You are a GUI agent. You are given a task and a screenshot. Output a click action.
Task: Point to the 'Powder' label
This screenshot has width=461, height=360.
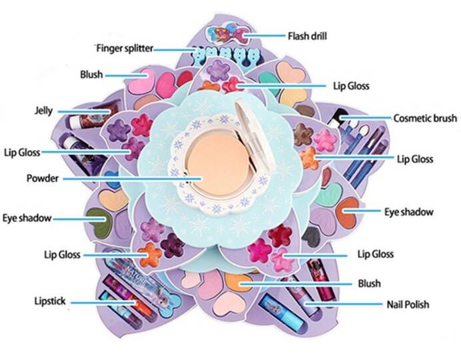tap(43, 179)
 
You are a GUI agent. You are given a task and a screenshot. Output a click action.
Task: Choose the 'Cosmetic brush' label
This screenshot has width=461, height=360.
tap(423, 118)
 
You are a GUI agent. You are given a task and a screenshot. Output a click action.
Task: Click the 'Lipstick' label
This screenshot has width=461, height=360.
tap(50, 301)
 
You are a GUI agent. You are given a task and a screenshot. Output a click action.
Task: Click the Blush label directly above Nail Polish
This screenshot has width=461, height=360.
tap(369, 283)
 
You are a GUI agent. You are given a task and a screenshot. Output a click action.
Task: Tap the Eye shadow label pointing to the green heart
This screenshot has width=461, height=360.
tap(27, 218)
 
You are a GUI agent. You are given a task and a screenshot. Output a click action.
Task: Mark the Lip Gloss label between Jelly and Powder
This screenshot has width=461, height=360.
tap(22, 152)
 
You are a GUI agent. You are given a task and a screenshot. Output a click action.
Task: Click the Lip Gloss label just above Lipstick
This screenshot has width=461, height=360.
tap(63, 255)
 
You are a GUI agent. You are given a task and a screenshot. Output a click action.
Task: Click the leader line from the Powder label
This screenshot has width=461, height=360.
tap(133, 179)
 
